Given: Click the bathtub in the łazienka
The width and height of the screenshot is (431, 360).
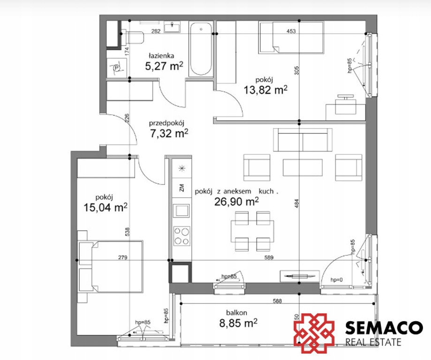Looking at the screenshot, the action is click(201, 49).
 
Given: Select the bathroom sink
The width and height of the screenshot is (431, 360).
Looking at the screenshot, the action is click(172, 28).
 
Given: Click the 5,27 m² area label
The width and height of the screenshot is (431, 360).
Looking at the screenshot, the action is click(164, 66).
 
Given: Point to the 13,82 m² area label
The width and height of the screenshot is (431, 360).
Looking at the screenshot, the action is click(266, 90).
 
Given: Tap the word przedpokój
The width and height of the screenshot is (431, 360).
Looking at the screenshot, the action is click(166, 123).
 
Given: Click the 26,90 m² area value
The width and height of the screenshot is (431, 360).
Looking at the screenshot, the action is click(236, 202).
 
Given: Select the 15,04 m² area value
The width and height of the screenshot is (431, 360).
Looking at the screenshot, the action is click(105, 207).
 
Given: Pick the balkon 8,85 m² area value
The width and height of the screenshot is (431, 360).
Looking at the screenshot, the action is click(238, 323).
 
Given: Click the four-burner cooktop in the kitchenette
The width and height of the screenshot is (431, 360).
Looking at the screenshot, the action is click(181, 235).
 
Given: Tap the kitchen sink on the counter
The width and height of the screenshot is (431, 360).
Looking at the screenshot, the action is click(181, 211).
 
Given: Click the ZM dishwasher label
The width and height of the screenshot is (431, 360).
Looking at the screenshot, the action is click(181, 188).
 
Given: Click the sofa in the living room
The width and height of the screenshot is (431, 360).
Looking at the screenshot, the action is click(302, 140).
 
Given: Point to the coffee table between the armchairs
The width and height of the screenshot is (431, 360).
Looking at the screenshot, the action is click(302, 167).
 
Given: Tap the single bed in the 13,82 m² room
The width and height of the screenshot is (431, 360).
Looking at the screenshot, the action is click(291, 37).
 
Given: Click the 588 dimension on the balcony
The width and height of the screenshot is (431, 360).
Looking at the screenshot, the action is click(277, 301).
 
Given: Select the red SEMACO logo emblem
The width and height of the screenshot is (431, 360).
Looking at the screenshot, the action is click(314, 333).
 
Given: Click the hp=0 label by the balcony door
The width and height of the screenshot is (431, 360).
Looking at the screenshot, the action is click(337, 280).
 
